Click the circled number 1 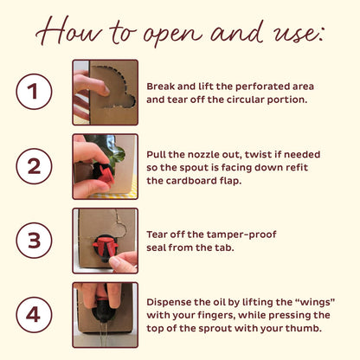(x=34, y=92)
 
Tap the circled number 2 (x=34, y=166)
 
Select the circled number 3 (x=34, y=241)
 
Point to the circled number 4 (x=34, y=315)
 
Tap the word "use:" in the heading (x=294, y=34)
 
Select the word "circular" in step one (x=245, y=100)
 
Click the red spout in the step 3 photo (x=106, y=246)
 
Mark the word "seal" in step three (x=156, y=247)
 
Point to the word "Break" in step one (x=161, y=87)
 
